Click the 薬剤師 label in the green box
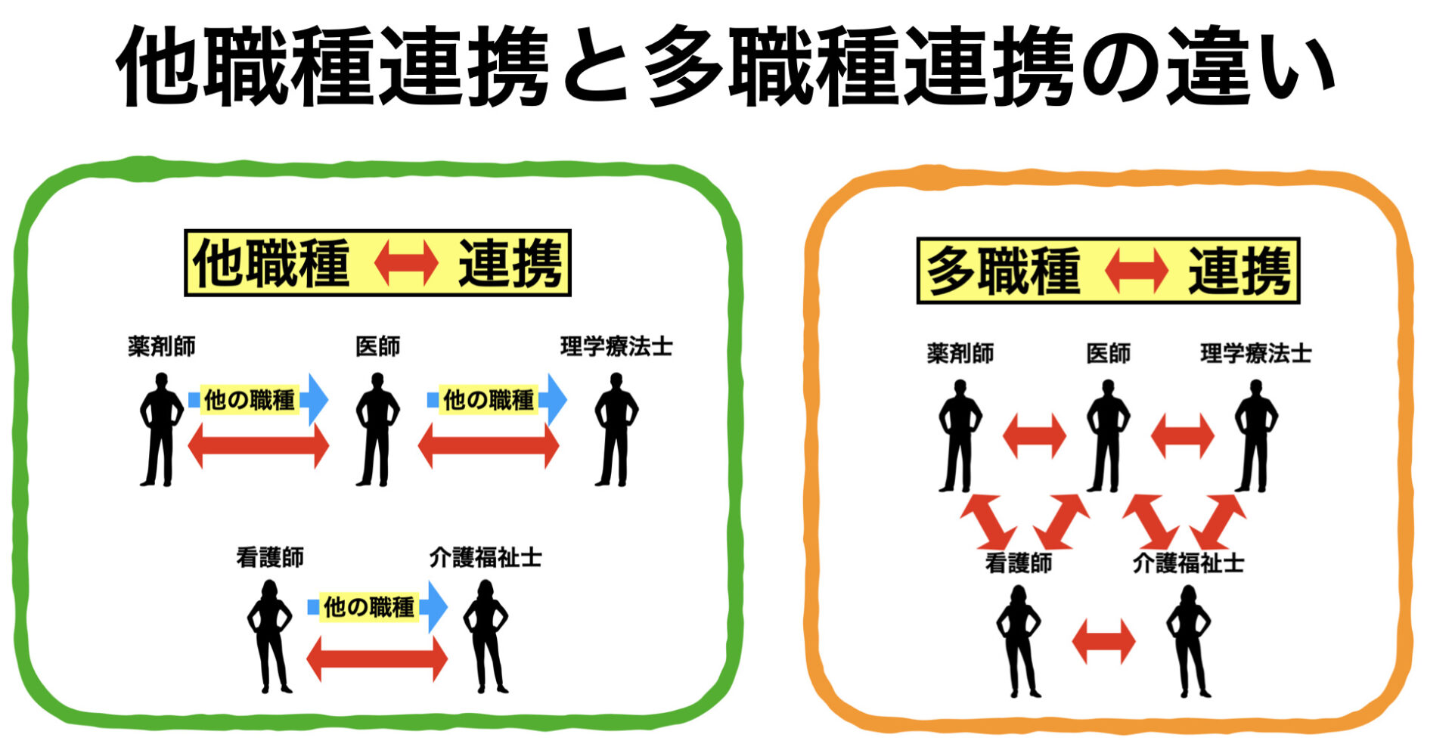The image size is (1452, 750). coord(162,346)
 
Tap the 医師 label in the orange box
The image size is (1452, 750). coord(1108,353)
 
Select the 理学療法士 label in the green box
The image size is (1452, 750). coord(616,346)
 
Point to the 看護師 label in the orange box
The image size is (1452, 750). coord(1018,562)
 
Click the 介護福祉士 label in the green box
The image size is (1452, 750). coord(486,557)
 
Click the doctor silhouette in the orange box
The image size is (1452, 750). coord(1107,435)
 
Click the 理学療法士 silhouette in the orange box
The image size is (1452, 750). coord(1255,435)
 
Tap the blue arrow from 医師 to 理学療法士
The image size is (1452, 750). coord(497,399)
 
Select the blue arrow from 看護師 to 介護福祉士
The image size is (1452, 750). coord(377,606)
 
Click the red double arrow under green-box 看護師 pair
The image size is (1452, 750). coord(377,659)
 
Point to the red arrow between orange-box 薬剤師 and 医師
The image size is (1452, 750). coord(1034,436)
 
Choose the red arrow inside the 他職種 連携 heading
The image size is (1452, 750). coord(406,263)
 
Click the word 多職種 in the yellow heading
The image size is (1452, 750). coord(1004,271)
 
